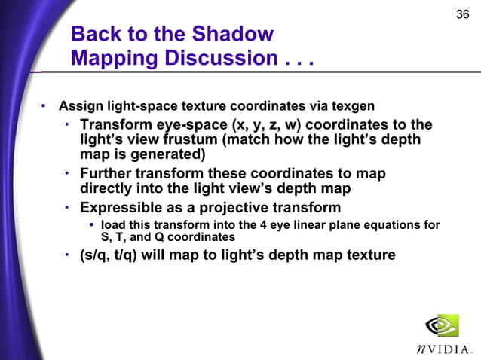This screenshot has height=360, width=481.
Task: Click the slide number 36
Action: click(x=464, y=15)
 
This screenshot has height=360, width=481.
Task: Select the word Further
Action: click(x=109, y=174)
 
